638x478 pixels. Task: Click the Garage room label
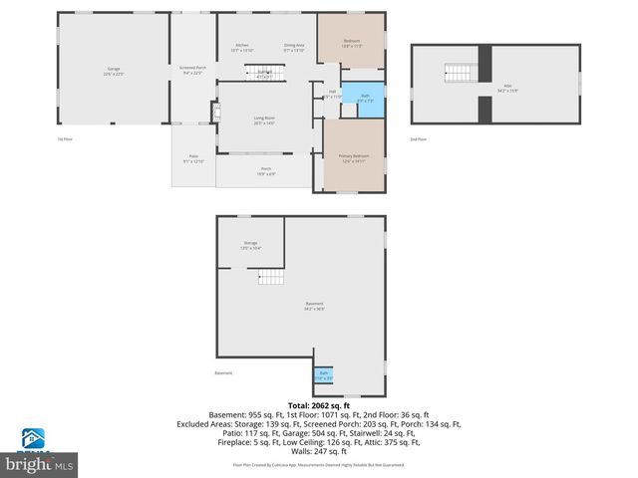(114, 70)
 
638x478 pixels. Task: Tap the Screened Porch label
(192, 70)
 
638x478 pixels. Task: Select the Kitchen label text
(242, 47)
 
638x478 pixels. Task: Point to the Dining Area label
(294, 47)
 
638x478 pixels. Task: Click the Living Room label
(264, 119)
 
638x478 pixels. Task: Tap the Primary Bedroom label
(354, 157)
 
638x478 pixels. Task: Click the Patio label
(192, 159)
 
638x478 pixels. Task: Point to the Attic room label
(507, 87)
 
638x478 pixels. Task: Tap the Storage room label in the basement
(250, 245)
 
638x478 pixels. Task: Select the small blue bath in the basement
(324, 375)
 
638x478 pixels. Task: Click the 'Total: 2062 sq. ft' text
(318, 405)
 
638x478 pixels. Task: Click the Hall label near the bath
(331, 94)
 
